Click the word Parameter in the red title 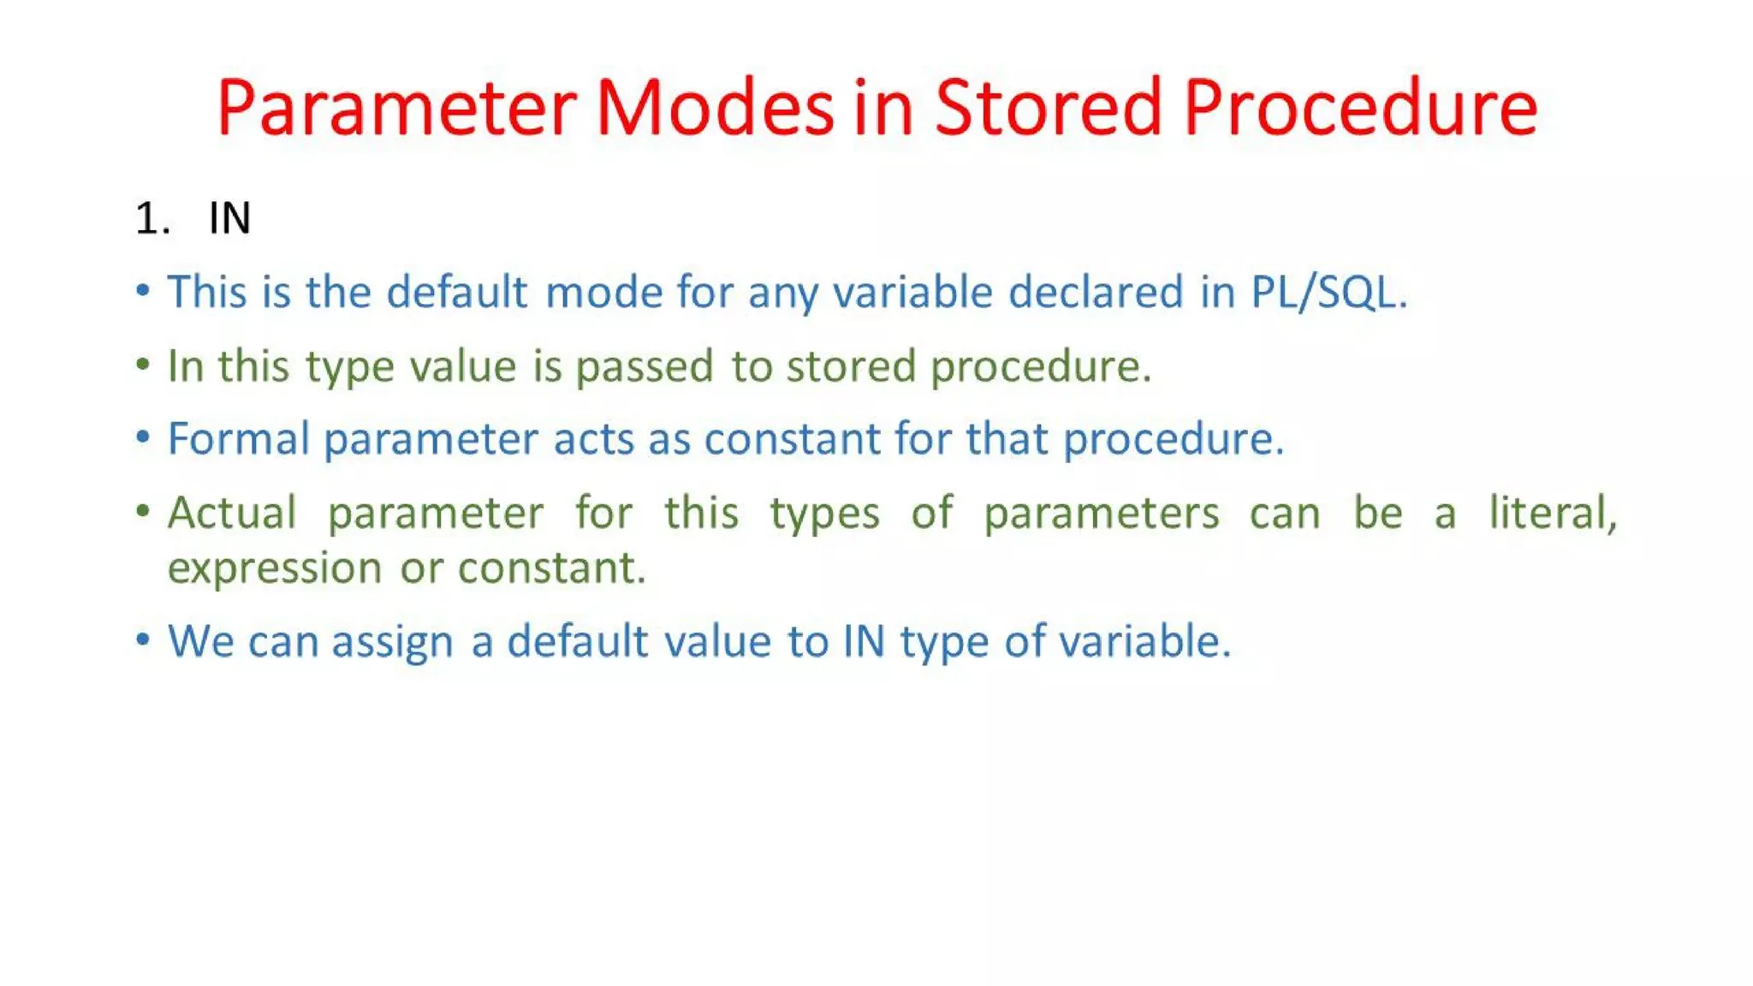click(x=396, y=108)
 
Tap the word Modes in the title click(x=715, y=108)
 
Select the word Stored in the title click(x=1048, y=108)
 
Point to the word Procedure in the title click(x=1361, y=108)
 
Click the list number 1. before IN click(x=152, y=218)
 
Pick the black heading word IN click(x=229, y=218)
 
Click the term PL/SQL click(x=1328, y=293)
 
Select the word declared click(x=1096, y=293)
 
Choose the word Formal click(x=238, y=439)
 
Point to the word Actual click(x=232, y=514)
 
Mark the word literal click(x=1552, y=514)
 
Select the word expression click(x=274, y=568)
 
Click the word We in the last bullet click(x=200, y=641)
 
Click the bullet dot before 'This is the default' click(x=143, y=290)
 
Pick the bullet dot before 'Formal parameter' click(x=143, y=437)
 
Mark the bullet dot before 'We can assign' click(x=143, y=639)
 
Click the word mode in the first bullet click(x=603, y=293)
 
